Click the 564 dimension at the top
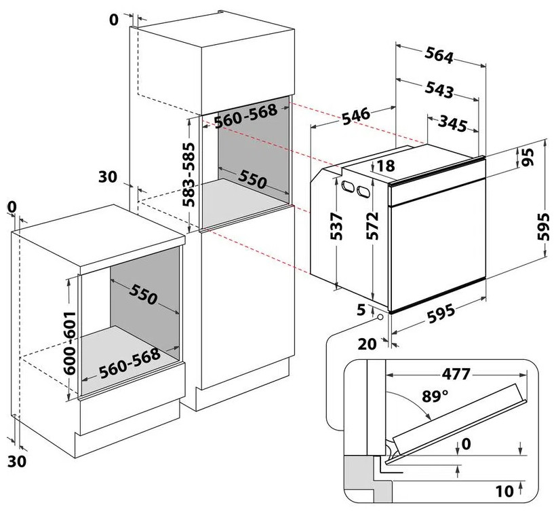(x=440, y=57)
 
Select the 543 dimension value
(x=439, y=89)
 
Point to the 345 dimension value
(x=452, y=125)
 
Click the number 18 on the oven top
(x=386, y=166)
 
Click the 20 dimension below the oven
(x=366, y=344)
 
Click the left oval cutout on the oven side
(x=348, y=185)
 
